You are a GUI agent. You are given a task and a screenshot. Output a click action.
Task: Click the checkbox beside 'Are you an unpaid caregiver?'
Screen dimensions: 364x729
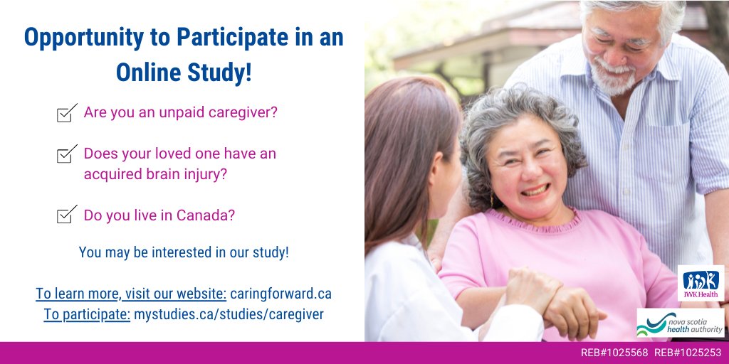point(66,114)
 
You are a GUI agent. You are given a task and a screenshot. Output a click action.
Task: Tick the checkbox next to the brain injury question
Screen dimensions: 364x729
point(66,154)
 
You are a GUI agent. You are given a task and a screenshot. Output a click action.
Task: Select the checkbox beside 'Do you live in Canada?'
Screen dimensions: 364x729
point(66,215)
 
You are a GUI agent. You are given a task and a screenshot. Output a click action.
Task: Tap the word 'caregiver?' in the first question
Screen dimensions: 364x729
point(243,112)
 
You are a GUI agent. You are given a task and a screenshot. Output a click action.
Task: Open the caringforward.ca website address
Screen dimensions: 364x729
point(280,294)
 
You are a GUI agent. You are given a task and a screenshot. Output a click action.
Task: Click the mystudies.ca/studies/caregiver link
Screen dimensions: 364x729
point(229,314)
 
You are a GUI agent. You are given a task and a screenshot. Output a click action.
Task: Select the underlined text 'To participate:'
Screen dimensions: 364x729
point(87,314)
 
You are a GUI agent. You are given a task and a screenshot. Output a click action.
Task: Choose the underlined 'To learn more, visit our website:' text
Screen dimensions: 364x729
point(131,294)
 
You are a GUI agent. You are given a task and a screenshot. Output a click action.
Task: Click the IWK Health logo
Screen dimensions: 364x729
point(701,283)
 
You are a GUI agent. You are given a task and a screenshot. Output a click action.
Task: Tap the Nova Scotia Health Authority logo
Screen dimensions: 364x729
point(680,323)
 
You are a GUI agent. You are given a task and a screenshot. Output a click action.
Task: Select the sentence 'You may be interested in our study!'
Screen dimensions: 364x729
point(184,252)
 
